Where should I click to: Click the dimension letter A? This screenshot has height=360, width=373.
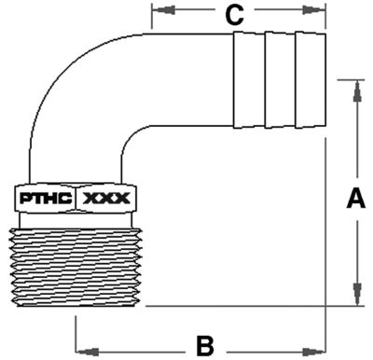[x=355, y=198]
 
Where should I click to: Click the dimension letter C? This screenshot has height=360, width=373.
[x=236, y=15]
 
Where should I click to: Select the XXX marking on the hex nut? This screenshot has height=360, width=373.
[x=108, y=199]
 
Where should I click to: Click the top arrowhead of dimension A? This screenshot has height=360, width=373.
[x=355, y=87]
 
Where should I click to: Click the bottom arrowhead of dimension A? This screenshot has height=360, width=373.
[x=355, y=299]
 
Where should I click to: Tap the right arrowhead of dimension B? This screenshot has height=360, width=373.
[x=319, y=351]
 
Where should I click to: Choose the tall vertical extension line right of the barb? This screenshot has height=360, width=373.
[x=325, y=233]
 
